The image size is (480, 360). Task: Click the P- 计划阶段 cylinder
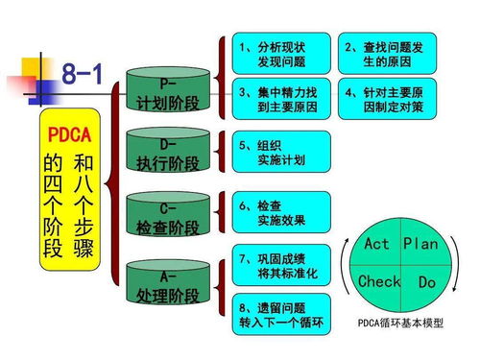point(167,92)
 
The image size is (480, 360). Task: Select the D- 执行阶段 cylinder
point(167,154)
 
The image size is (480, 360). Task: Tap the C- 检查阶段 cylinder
point(167,217)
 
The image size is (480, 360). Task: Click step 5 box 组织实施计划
point(279,153)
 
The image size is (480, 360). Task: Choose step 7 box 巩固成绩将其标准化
point(279,266)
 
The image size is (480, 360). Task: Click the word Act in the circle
point(377,244)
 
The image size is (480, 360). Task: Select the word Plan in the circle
point(420,244)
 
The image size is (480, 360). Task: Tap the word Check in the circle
point(378,281)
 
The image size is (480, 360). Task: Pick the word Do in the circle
point(426,283)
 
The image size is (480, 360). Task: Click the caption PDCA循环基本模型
point(401,324)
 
